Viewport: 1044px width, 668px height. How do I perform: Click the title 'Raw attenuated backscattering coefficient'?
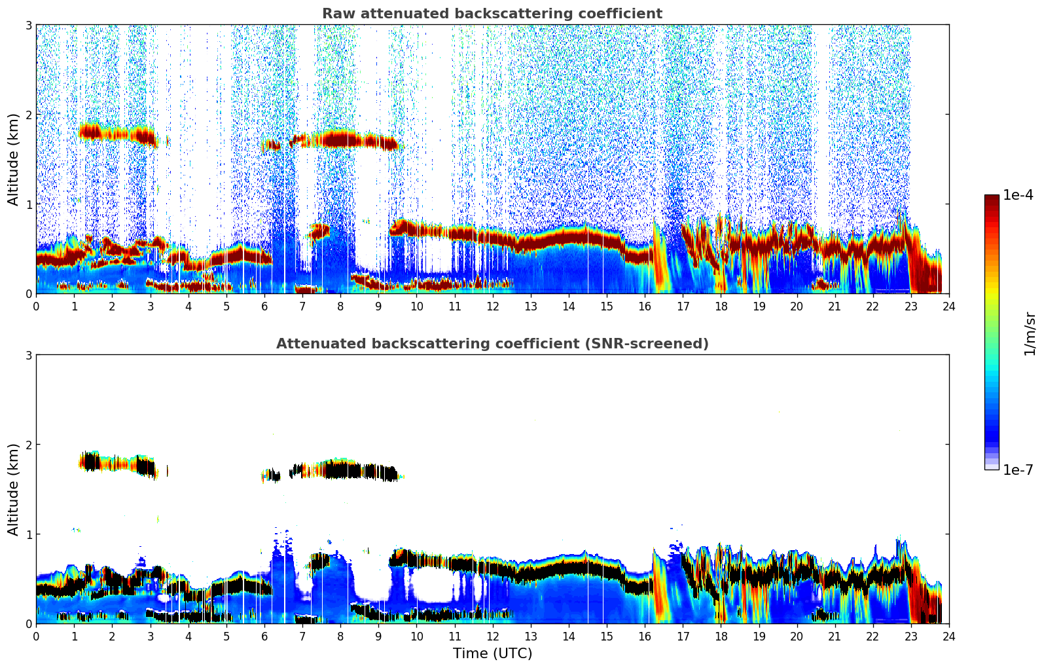(x=492, y=14)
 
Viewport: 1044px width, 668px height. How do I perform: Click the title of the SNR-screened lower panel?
(x=492, y=344)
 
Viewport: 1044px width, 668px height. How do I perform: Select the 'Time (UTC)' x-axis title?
(x=492, y=654)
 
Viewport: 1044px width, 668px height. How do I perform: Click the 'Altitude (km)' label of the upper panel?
(x=13, y=159)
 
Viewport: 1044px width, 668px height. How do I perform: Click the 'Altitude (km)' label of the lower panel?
(x=13, y=489)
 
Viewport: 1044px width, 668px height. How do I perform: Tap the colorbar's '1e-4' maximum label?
(x=1018, y=195)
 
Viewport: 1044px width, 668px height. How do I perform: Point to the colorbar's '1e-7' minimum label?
(x=1018, y=470)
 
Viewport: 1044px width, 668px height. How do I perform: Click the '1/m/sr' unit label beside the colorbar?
(x=1030, y=333)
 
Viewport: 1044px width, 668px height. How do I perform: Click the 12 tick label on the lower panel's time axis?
(x=492, y=637)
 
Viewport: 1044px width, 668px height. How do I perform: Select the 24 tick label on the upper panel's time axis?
(x=948, y=306)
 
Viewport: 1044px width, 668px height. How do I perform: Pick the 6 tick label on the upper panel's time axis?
(x=264, y=306)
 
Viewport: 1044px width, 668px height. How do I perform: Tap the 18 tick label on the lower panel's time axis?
(x=721, y=637)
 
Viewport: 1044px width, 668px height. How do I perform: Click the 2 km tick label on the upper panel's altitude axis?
(x=28, y=115)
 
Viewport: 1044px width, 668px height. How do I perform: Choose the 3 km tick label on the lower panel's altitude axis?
(x=28, y=355)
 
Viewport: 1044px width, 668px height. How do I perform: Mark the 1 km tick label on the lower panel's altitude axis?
(x=28, y=534)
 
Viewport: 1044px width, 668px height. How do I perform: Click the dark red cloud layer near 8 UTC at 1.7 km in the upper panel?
(x=340, y=139)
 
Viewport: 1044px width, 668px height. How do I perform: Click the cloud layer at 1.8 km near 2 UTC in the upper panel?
(x=111, y=134)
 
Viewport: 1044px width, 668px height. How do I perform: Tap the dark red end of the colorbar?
(x=992, y=199)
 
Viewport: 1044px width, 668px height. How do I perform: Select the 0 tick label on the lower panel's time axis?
(x=36, y=637)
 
